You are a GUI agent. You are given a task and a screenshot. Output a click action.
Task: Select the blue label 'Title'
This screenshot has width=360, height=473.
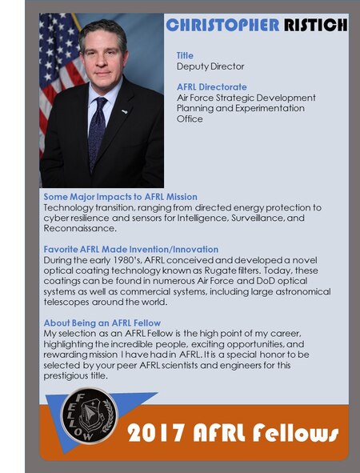tap(185, 55)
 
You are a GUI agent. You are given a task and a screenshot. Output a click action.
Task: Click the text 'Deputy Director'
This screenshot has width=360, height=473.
tap(210, 66)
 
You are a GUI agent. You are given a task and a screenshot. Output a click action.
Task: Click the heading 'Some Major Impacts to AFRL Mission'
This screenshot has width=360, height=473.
tap(120, 197)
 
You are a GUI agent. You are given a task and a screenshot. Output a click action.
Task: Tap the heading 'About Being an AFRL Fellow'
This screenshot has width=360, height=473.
tap(102, 323)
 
